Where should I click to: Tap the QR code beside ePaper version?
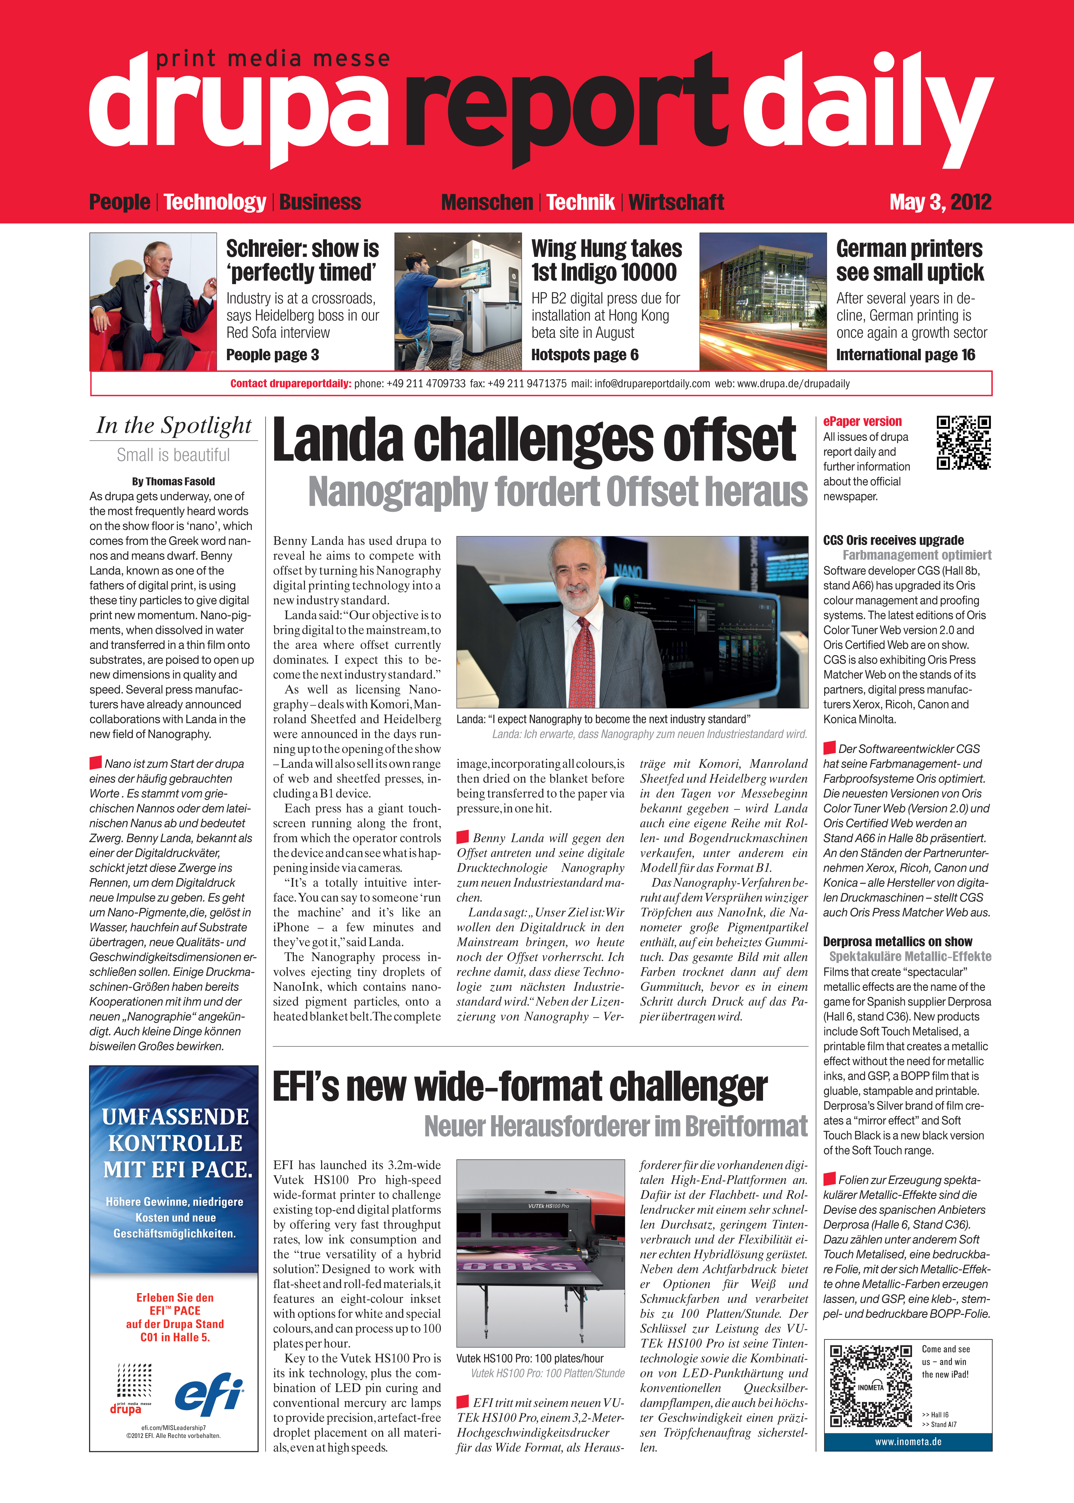(964, 443)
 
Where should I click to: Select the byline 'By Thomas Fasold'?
(173, 482)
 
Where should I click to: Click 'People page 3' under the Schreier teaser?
(273, 355)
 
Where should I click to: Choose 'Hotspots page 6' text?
(585, 355)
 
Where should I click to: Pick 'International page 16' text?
(905, 355)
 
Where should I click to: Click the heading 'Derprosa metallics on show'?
(897, 941)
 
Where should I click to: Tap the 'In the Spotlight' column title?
(174, 425)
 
